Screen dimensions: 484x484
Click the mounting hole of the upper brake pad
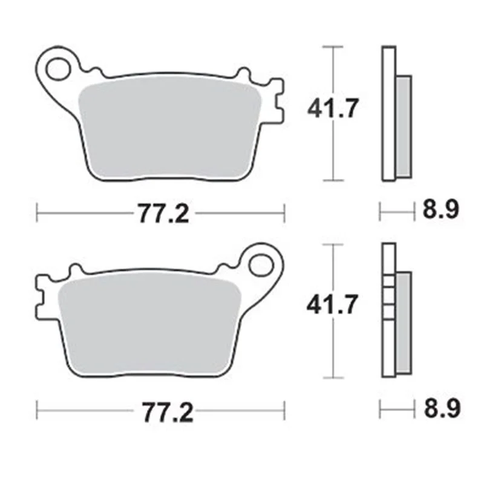click(57, 68)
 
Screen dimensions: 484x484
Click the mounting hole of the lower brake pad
click(261, 265)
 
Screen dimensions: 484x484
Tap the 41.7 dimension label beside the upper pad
click(333, 108)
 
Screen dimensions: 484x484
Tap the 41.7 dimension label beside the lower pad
click(332, 304)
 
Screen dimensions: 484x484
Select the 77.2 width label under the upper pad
click(163, 214)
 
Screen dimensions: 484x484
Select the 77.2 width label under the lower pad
click(168, 413)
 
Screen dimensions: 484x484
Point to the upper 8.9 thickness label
click(441, 209)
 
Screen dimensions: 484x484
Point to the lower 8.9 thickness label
click(442, 407)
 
